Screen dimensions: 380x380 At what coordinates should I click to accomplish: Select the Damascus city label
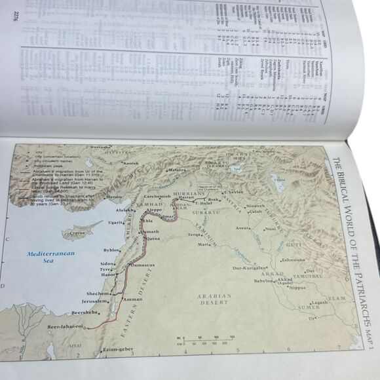(x=141, y=264)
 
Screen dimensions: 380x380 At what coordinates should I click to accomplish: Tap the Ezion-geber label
(x=118, y=349)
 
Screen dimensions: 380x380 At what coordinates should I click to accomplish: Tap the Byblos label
(x=111, y=250)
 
